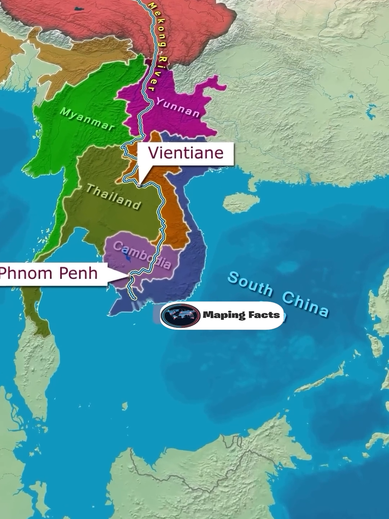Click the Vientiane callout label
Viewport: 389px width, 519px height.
[x=185, y=153]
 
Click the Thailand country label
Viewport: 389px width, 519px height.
[x=113, y=197]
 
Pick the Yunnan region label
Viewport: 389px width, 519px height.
[x=178, y=107]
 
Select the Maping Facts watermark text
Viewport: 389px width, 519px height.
[x=241, y=315]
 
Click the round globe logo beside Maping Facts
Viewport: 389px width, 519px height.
[x=180, y=315]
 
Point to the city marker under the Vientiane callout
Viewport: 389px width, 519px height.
[x=139, y=186]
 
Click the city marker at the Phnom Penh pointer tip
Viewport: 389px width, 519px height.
[x=130, y=275]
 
